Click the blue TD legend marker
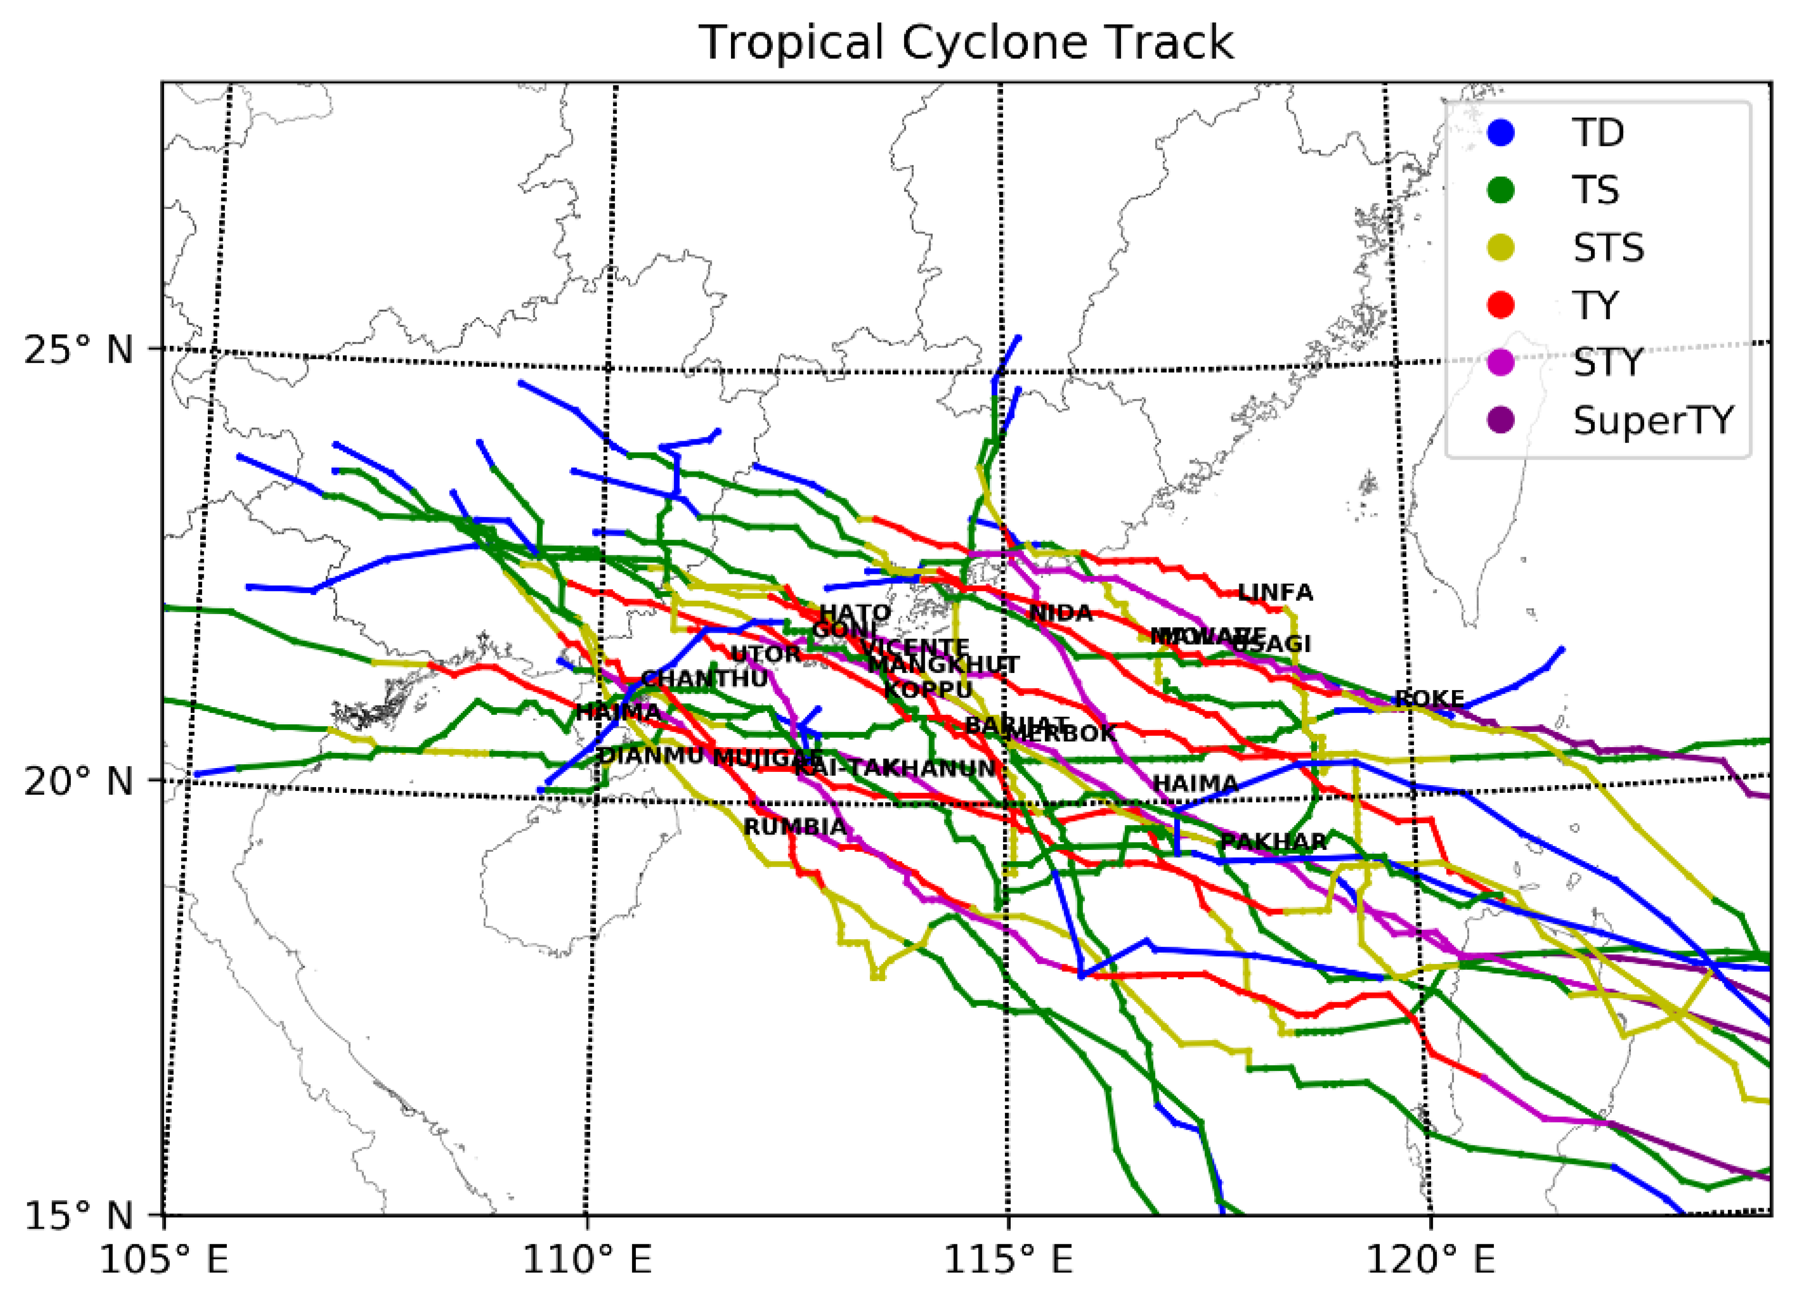coord(1501,132)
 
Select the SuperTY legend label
coord(1652,420)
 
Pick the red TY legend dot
coord(1501,305)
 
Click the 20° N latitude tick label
coord(78,781)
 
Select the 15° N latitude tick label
coord(78,1215)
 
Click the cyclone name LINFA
coord(1274,593)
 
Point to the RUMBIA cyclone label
coord(795,828)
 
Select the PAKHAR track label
coord(1273,842)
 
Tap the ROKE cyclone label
coord(1429,699)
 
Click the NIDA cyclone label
coord(1061,613)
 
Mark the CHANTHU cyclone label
coord(703,679)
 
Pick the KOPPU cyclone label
coord(927,690)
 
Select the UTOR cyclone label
coord(765,654)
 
